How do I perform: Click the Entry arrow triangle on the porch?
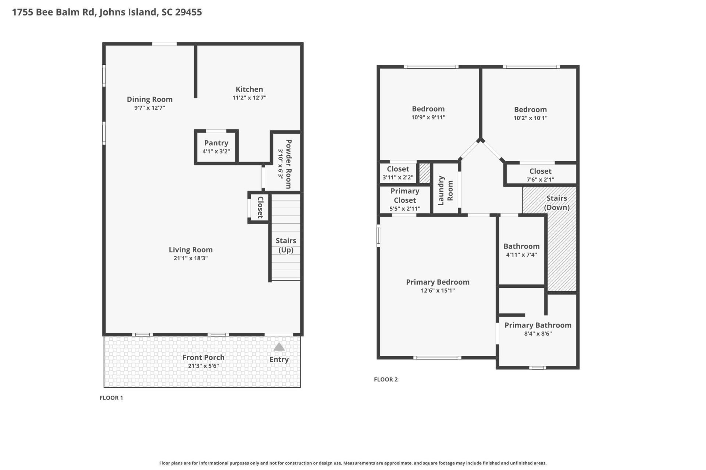point(279,347)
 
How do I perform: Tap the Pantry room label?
point(216,143)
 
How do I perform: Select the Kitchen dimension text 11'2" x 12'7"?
point(249,98)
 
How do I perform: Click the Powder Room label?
point(289,164)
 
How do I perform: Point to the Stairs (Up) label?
point(286,245)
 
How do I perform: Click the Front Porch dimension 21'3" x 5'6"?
point(203,366)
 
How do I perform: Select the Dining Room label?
point(149,99)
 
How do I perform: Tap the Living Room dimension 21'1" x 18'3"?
point(190,258)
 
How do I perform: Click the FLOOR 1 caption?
point(111,398)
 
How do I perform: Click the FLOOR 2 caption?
point(385,379)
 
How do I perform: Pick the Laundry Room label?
point(445,190)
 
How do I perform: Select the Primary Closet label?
point(404,196)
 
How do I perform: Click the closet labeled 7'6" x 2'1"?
point(540,175)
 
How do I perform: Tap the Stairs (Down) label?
point(556,203)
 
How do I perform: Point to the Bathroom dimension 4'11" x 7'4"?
point(521,254)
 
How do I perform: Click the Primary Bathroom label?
point(538,325)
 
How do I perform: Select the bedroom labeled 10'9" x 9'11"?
point(428,112)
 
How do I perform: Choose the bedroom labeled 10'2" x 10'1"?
point(530,113)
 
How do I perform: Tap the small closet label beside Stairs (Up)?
point(260,207)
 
